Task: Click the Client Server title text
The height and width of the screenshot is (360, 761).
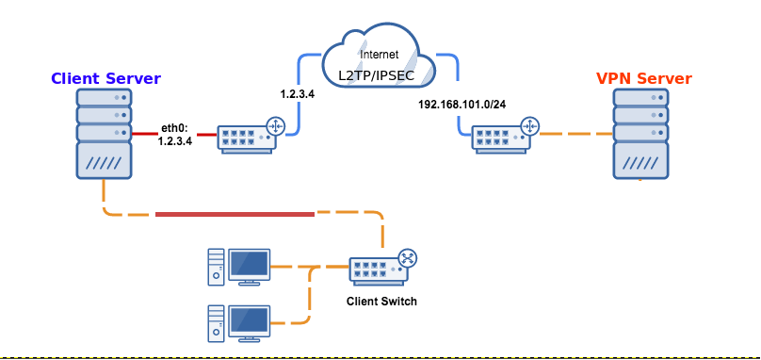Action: (x=105, y=78)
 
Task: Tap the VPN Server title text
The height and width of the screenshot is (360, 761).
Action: (x=644, y=78)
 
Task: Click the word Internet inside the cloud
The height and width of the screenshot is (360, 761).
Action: (x=379, y=55)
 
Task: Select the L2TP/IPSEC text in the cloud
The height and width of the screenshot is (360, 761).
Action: (x=377, y=75)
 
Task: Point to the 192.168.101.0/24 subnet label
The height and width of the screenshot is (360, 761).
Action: (x=462, y=105)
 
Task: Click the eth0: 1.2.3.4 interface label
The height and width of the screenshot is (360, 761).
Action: (x=175, y=136)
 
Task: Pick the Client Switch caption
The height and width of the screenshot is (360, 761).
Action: (x=381, y=302)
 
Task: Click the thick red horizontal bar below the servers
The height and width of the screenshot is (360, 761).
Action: (x=235, y=214)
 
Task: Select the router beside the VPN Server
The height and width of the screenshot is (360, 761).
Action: (x=505, y=136)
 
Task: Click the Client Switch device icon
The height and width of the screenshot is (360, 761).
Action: (x=383, y=268)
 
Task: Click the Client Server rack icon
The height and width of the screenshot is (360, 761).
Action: (x=104, y=134)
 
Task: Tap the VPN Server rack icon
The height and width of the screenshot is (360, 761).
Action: (x=640, y=134)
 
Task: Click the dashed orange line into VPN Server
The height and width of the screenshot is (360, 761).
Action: (x=576, y=133)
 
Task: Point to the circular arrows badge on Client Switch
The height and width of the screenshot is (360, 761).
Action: (x=408, y=258)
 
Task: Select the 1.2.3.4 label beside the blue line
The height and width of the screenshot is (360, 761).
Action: (x=298, y=94)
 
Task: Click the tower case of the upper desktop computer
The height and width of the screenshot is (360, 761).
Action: (x=217, y=267)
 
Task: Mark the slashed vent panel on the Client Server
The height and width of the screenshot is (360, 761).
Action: (x=104, y=160)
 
